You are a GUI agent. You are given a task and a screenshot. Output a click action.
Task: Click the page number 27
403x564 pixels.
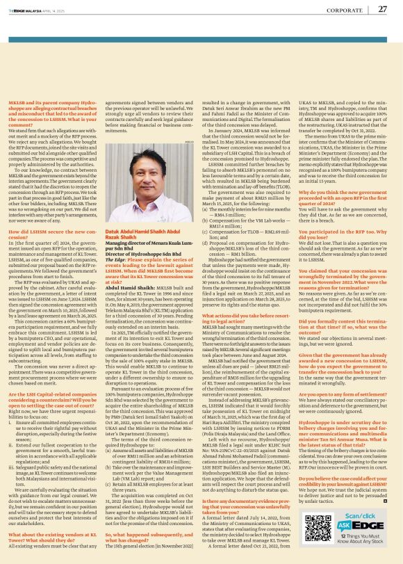tap(382, 10)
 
